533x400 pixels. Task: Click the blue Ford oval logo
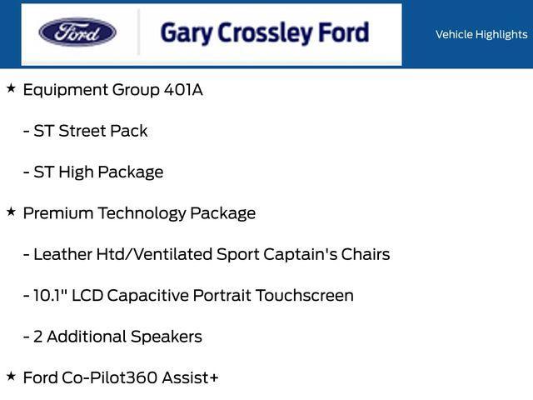(x=77, y=33)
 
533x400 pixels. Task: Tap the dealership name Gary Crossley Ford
(x=264, y=33)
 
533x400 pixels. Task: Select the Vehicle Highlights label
(x=481, y=34)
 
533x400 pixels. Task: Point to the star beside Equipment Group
(x=11, y=87)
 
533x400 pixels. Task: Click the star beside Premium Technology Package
(x=11, y=211)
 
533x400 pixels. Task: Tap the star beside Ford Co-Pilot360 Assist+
(x=11, y=376)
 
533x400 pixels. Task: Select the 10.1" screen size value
(x=50, y=296)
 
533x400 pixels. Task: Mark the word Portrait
(x=221, y=296)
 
